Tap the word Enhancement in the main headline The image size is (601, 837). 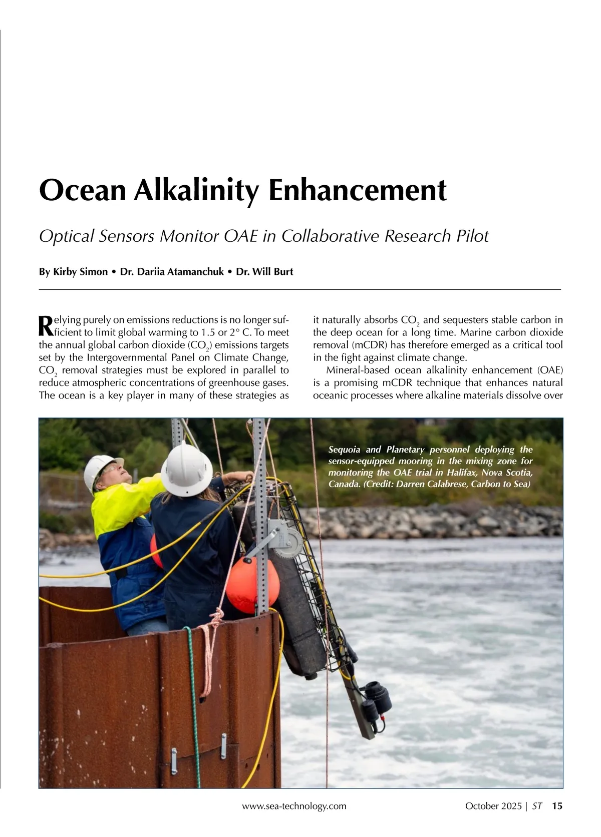coord(356,190)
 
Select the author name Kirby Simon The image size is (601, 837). coord(80,272)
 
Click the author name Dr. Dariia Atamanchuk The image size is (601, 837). coord(172,272)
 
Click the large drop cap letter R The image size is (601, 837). coord(45,326)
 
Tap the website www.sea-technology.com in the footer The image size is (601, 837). coord(294,806)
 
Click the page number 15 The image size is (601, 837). coord(557,806)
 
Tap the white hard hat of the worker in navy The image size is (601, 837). coord(186,470)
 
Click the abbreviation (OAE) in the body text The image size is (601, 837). coord(550,370)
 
